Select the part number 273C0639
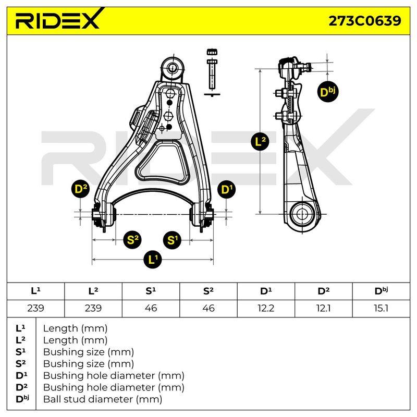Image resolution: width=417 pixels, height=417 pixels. point(364,21)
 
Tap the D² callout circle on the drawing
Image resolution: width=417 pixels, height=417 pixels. point(81,189)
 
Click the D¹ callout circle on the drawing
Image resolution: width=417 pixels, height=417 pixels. point(227,190)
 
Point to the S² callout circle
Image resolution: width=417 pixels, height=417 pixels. point(132,240)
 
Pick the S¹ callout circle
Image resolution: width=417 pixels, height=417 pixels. point(172,240)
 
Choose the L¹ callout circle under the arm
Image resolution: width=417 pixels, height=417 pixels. point(152,259)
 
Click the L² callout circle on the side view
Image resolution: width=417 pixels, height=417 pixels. point(260,141)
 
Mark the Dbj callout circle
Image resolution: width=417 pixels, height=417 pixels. point(328,92)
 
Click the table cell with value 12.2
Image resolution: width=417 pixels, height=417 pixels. point(266,309)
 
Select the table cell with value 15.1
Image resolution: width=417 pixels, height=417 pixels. point(381,309)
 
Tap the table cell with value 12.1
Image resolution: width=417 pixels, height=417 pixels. point(323,309)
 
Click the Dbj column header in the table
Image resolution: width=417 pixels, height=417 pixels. point(381,291)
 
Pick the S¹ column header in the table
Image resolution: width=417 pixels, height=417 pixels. point(151,291)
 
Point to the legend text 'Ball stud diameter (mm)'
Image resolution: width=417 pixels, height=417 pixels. point(103,399)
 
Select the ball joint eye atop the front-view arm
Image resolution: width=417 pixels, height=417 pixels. point(173,67)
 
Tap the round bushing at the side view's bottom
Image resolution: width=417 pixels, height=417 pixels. point(301,214)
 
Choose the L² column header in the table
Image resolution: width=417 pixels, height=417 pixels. point(93,291)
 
